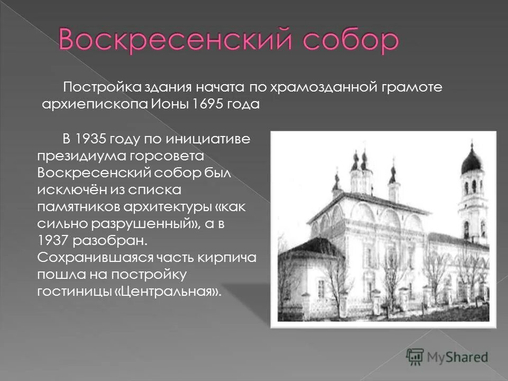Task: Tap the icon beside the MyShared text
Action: [x=415, y=357]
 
